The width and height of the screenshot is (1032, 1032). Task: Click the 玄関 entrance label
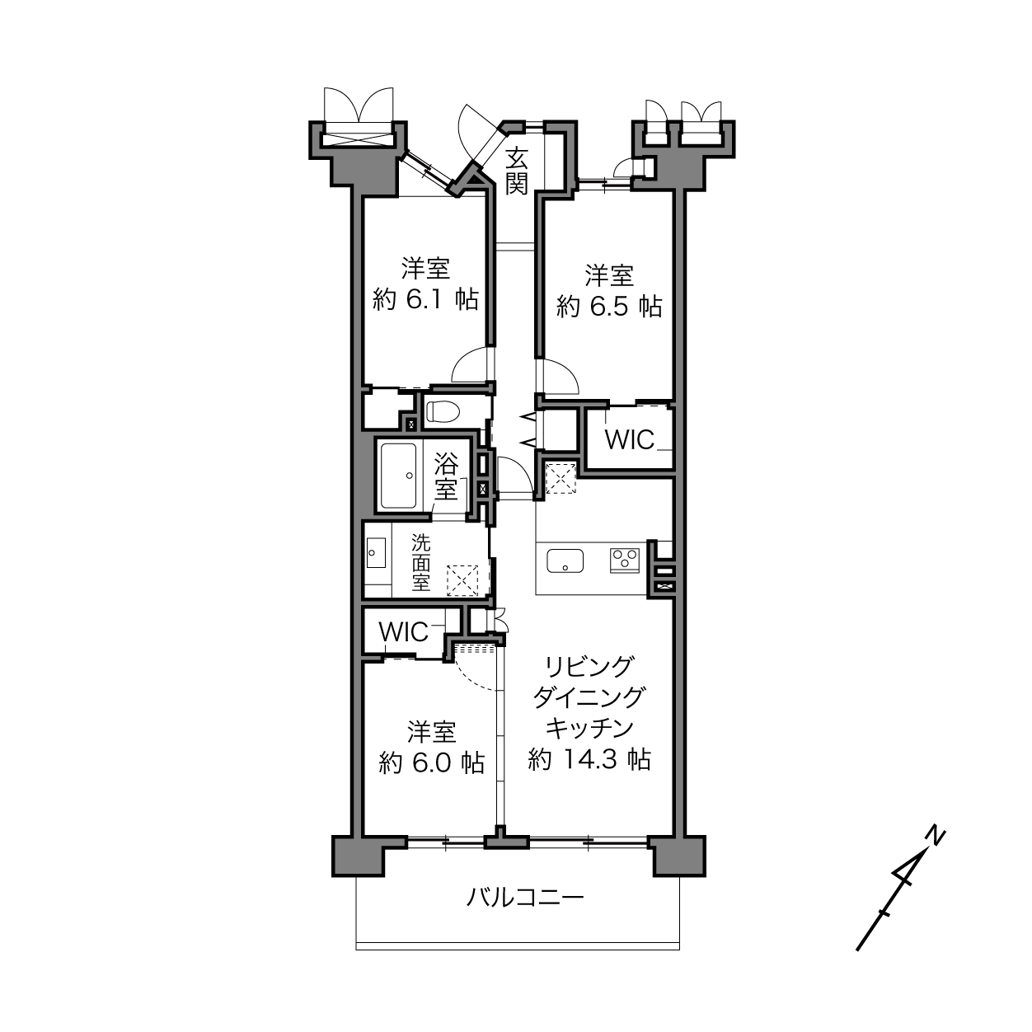click(x=517, y=171)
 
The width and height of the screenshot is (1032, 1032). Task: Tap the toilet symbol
click(x=443, y=412)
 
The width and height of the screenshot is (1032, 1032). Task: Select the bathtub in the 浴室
click(x=398, y=476)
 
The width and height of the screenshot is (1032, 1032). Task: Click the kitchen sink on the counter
click(x=565, y=561)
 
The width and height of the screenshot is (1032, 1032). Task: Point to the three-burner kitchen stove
click(x=625, y=561)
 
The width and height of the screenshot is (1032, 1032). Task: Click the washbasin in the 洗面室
click(x=376, y=554)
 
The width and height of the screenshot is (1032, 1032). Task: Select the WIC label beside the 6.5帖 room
click(x=630, y=439)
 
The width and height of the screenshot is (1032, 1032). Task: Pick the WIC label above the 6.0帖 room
click(x=404, y=632)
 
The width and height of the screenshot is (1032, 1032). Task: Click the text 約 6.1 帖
click(x=425, y=300)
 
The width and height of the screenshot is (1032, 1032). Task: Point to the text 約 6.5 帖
click(x=609, y=307)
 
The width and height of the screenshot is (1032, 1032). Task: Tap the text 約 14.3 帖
click(x=589, y=759)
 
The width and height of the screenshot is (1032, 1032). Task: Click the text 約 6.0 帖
click(x=432, y=762)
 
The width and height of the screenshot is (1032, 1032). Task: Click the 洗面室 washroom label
click(x=421, y=563)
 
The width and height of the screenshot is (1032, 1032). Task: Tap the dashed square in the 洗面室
click(x=462, y=580)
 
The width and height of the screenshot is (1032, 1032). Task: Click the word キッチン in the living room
click(x=589, y=728)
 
